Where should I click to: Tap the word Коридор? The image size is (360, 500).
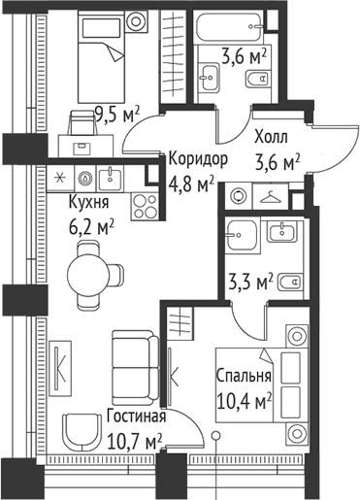coord(198,158)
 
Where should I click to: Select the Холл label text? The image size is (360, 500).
coord(272,138)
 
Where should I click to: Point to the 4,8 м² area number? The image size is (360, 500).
coord(191,181)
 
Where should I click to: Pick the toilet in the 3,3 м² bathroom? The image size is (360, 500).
coord(288,284)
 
